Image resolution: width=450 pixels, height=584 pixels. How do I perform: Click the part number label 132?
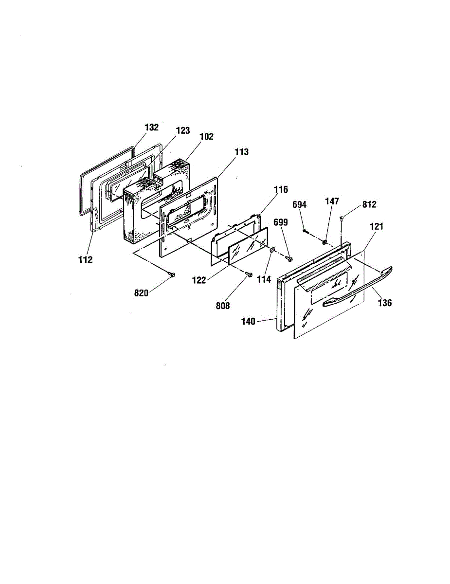(x=152, y=128)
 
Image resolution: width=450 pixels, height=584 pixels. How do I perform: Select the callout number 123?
(x=183, y=130)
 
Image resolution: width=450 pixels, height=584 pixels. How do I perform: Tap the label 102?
(x=206, y=137)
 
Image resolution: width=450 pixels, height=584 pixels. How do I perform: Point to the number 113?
(x=241, y=152)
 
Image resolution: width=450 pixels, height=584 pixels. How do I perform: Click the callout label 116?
(x=281, y=190)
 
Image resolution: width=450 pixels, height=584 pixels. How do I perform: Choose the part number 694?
(x=299, y=205)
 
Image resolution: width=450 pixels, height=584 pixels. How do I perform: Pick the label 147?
(x=332, y=201)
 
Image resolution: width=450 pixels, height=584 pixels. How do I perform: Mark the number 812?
(x=369, y=204)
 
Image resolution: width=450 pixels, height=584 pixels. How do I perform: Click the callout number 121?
(x=377, y=227)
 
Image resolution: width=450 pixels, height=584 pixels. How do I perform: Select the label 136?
(x=385, y=303)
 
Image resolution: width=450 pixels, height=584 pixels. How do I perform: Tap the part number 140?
(x=248, y=321)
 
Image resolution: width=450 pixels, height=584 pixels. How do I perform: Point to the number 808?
(x=223, y=306)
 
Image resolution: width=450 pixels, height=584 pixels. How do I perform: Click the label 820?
(x=141, y=293)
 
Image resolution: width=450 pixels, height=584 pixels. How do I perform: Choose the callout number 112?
(x=86, y=259)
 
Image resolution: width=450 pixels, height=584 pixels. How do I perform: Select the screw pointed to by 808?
(x=249, y=274)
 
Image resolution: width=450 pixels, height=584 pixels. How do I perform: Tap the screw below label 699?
(x=289, y=258)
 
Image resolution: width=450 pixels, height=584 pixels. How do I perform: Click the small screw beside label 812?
(x=342, y=218)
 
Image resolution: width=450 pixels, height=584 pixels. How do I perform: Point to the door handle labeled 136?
(x=358, y=287)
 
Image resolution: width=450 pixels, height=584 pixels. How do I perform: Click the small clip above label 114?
(x=272, y=250)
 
